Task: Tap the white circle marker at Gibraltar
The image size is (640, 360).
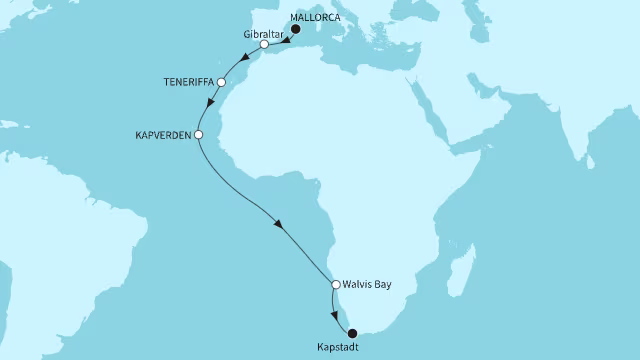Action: [263, 45]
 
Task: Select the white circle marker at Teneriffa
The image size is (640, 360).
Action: [221, 82]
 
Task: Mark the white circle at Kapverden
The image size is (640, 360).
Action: [198, 134]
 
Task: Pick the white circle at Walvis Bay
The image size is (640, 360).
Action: [336, 285]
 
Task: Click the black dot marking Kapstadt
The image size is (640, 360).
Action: [351, 334]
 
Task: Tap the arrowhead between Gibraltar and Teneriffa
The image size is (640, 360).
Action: [243, 59]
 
